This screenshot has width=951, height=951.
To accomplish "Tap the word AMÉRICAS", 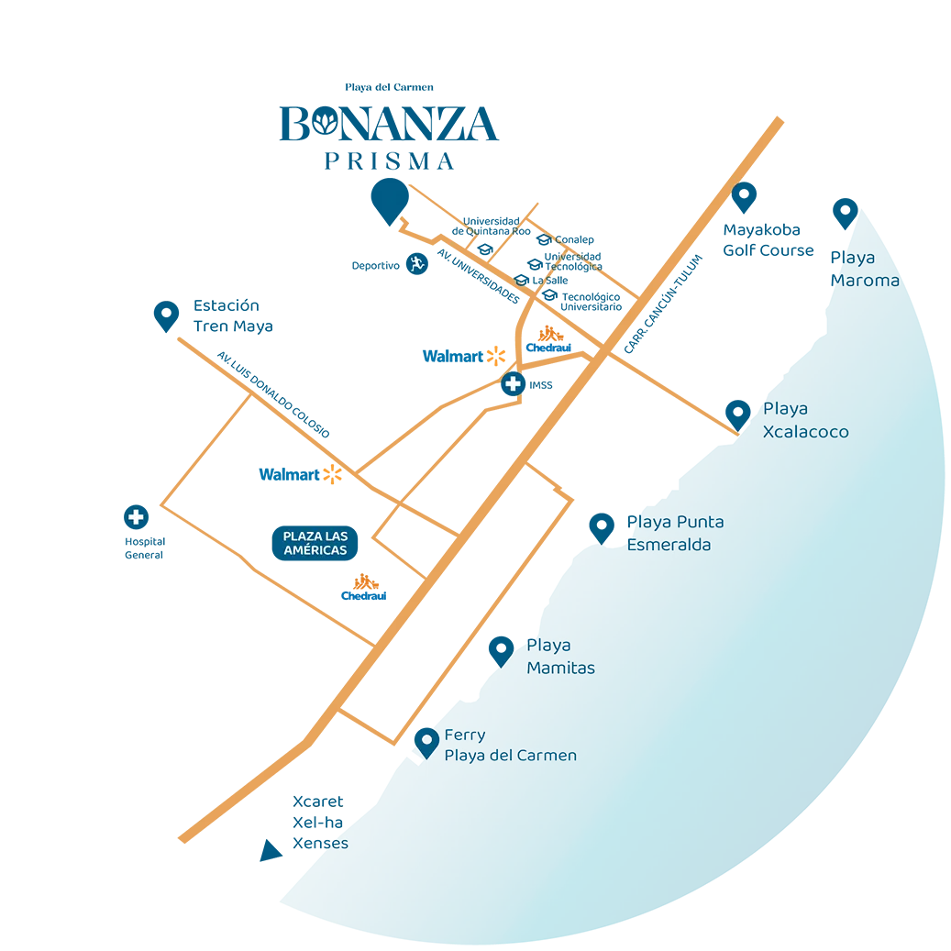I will pyautogui.click(x=315, y=550).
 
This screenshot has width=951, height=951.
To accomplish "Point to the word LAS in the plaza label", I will pyautogui.click(x=333, y=536).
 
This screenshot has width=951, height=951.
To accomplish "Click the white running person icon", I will pyautogui.click(x=417, y=264).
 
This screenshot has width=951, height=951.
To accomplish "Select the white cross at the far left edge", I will pyautogui.click(x=137, y=517).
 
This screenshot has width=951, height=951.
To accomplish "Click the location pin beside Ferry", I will pyautogui.click(x=426, y=740).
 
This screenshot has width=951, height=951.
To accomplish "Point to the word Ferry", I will pyautogui.click(x=464, y=735).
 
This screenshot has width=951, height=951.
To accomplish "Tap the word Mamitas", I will pyautogui.click(x=560, y=669).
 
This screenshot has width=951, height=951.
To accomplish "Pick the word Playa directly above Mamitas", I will pyautogui.click(x=548, y=647).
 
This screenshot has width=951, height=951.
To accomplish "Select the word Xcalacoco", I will pyautogui.click(x=806, y=432).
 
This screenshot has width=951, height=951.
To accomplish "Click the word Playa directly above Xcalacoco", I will pyautogui.click(x=785, y=410).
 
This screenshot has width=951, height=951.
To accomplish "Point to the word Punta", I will pyautogui.click(x=700, y=523).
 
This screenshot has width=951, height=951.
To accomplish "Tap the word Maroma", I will pyautogui.click(x=865, y=281).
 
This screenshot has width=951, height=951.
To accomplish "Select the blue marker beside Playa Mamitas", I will pyautogui.click(x=500, y=647).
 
